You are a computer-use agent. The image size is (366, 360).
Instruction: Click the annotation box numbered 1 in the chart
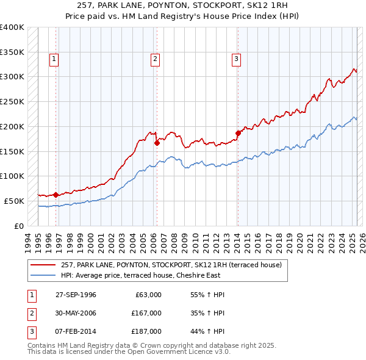tap(54, 59)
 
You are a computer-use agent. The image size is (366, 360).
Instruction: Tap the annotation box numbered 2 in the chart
tap(156, 59)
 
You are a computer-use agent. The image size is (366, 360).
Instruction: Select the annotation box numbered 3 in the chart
tap(235, 59)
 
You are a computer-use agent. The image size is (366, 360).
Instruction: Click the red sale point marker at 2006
tap(157, 143)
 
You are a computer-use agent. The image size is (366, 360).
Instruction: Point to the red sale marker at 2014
tap(238, 132)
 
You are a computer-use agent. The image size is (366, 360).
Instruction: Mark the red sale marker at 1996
tap(56, 195)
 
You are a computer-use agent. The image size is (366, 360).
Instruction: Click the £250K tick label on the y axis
tap(12, 101)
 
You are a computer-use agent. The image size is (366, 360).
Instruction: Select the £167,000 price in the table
tap(146, 313)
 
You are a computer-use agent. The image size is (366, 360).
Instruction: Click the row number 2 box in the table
tap(31, 313)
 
